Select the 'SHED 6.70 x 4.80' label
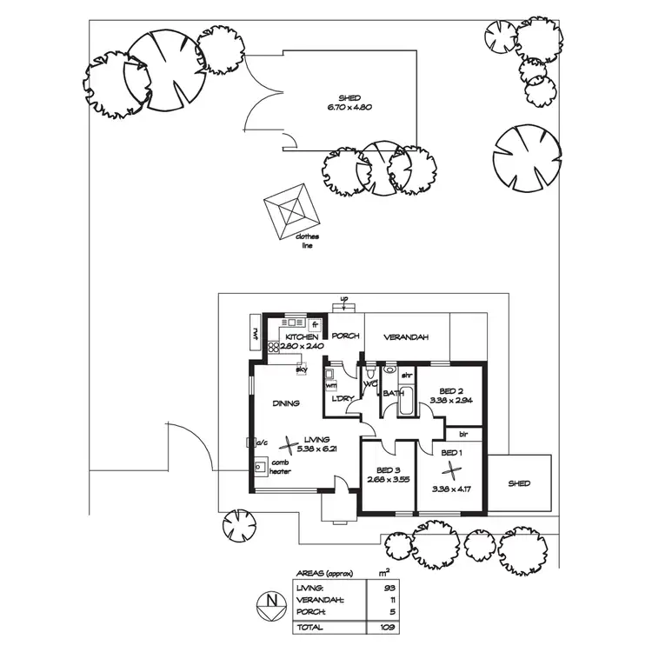[349, 103]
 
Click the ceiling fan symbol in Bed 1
[451, 471]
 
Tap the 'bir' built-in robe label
[463, 432]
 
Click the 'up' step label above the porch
[344, 300]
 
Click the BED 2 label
[449, 391]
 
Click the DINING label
[285, 403]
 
